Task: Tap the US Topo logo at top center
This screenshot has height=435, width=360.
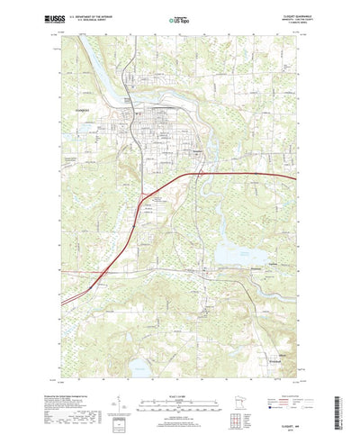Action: pyautogui.click(x=179, y=18)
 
